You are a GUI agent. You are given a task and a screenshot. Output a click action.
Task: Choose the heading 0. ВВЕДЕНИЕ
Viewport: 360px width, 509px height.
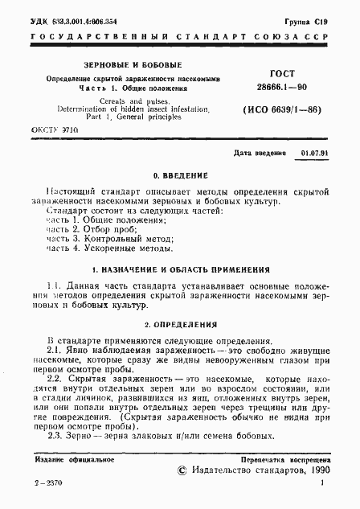click(x=180, y=175)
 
